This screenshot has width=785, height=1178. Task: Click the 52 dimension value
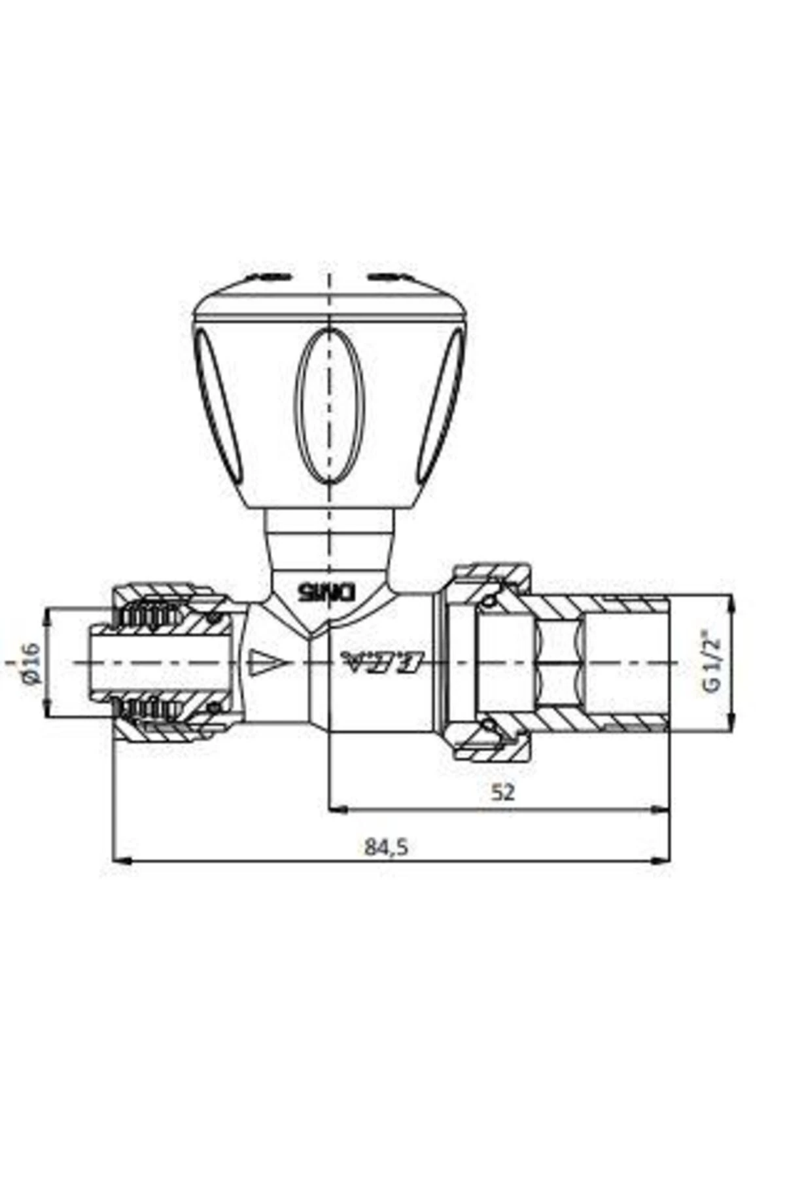502,792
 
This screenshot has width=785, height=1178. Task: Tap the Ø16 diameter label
31,662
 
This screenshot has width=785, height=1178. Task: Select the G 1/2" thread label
711,661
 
